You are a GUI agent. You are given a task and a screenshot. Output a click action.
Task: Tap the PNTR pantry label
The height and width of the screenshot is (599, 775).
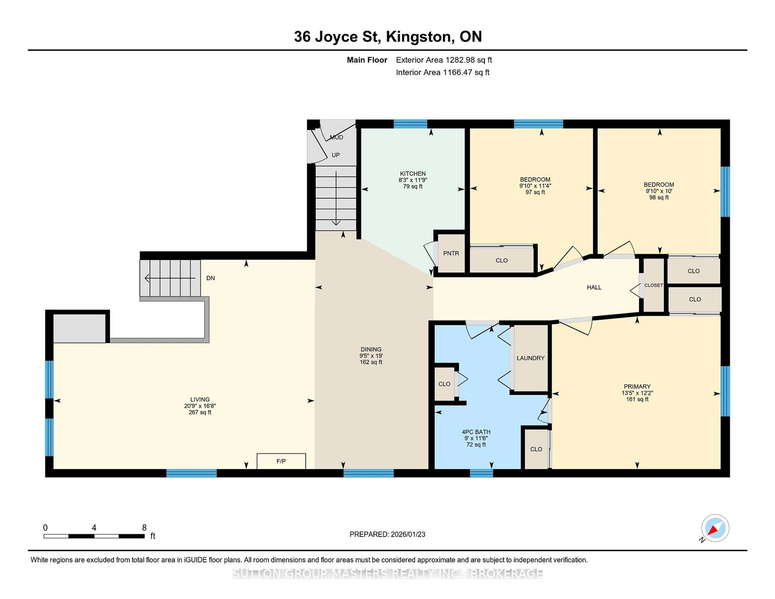click(x=451, y=253)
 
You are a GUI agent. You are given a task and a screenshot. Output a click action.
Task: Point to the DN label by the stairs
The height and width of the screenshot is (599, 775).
click(x=211, y=278)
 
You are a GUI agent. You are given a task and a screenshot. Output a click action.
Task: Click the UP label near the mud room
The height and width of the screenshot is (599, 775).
click(x=335, y=155)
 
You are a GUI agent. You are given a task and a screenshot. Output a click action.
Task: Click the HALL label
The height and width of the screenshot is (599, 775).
click(x=594, y=287)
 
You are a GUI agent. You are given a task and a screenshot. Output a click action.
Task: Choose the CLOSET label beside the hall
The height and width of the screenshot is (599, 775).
click(x=653, y=285)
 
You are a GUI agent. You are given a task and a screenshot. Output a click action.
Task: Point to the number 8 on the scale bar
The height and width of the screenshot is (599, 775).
click(x=144, y=528)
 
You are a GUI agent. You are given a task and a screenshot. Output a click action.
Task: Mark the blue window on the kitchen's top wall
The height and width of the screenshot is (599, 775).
click(x=410, y=124)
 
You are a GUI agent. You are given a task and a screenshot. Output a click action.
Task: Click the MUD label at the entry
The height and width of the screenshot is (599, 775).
click(x=336, y=137)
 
